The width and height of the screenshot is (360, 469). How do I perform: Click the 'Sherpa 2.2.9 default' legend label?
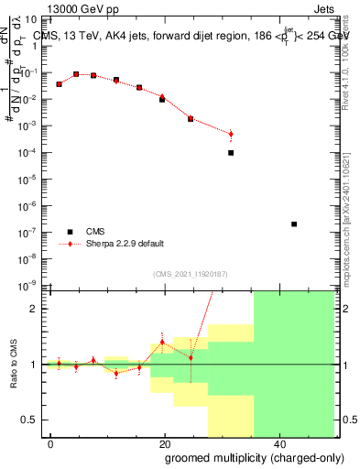tap(125, 244)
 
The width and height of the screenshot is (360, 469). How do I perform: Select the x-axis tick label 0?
tap(51, 443)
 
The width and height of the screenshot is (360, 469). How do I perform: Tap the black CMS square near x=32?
tap(231, 153)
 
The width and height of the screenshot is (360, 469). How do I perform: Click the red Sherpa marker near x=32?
tap(231, 135)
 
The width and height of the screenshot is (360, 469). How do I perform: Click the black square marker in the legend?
tap(67, 232)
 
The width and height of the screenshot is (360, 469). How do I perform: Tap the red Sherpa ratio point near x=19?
tap(162, 343)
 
